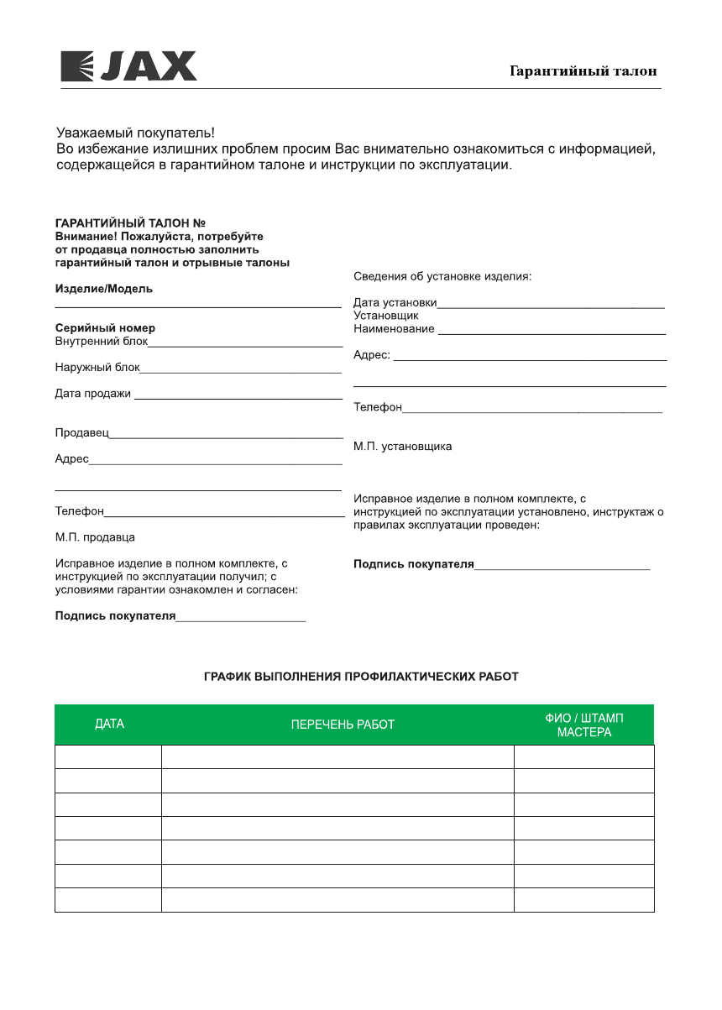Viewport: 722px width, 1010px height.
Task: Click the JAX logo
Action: [128, 66]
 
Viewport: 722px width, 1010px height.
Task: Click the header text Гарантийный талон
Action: [583, 71]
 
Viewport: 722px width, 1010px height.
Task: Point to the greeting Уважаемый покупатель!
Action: [135, 133]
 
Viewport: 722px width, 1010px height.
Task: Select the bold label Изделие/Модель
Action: [104, 289]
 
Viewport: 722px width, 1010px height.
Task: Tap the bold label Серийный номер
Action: [105, 328]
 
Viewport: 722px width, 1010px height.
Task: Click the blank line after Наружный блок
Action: [241, 370]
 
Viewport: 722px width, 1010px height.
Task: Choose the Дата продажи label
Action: [93, 393]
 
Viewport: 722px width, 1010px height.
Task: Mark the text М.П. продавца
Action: [95, 537]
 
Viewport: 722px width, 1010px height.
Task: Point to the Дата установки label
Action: [395, 303]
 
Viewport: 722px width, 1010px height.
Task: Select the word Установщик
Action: [386, 316]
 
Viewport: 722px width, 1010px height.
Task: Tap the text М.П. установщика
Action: [402, 447]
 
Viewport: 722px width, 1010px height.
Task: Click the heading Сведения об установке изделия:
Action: [442, 276]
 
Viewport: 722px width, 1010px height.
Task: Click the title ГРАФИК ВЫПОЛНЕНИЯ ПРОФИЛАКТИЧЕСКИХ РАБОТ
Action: [361, 676]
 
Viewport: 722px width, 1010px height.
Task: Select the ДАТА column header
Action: [109, 725]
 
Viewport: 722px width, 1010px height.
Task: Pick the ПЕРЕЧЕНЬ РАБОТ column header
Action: [343, 725]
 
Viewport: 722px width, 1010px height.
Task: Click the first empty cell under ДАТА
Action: [108, 756]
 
